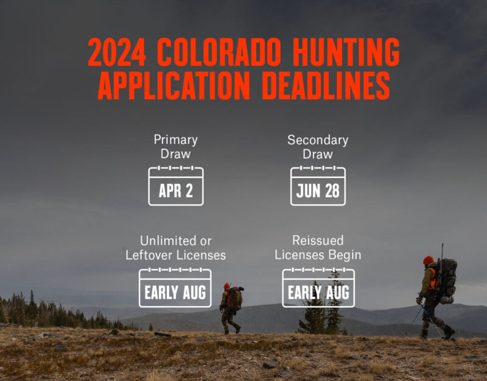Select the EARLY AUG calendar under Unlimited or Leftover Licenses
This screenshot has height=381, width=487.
click(175, 287)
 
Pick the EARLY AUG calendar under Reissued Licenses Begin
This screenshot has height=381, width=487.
click(318, 287)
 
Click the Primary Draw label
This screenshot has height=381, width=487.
click(176, 147)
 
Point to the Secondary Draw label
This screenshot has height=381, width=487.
click(318, 147)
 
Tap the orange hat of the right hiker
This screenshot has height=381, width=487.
click(429, 260)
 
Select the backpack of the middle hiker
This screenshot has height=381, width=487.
click(236, 298)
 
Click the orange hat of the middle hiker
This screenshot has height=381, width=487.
click(227, 285)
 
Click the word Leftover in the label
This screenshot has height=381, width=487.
click(150, 254)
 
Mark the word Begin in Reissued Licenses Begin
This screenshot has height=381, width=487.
click(344, 254)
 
